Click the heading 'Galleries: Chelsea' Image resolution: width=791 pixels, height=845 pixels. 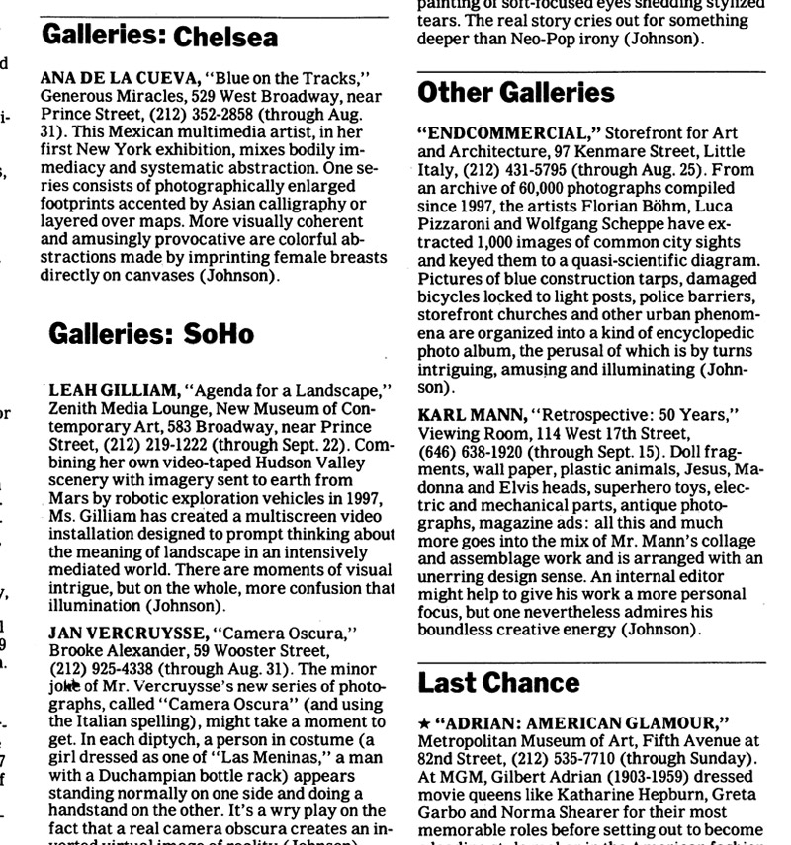point(159,37)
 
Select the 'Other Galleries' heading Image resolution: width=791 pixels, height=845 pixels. point(516,93)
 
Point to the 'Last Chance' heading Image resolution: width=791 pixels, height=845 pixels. point(498,683)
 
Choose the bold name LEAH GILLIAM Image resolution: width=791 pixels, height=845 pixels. point(112,392)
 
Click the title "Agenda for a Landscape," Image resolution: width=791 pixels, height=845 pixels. point(289,392)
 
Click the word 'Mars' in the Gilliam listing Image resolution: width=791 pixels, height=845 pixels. point(67,498)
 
